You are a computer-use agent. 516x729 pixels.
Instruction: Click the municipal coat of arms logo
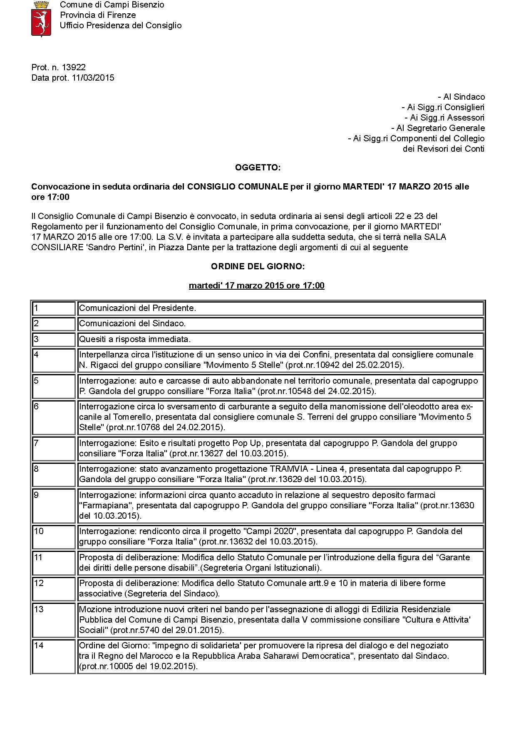coord(41,19)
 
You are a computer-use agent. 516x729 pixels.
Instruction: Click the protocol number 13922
coord(74,67)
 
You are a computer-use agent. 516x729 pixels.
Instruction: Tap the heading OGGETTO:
coord(258,167)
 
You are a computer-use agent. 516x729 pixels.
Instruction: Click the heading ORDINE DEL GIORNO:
coord(258,266)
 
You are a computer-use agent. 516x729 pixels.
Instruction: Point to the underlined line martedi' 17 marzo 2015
coord(256,286)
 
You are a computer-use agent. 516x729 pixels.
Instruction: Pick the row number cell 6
coord(54,417)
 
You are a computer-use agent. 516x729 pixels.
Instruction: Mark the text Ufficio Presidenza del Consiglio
coord(121,25)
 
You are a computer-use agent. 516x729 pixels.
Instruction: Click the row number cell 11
coord(54,563)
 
